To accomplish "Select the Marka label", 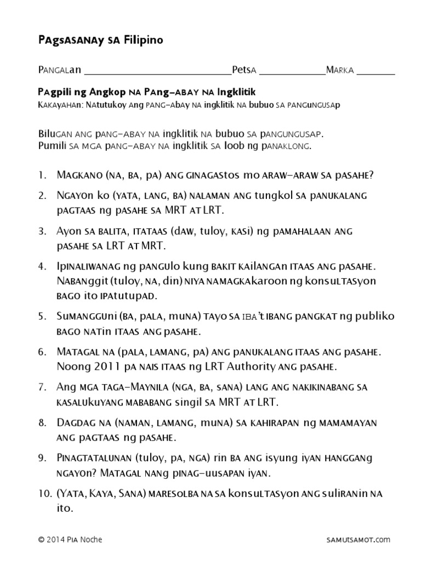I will [340, 70].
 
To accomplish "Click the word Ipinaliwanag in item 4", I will [89, 267].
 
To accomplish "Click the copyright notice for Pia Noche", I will [70, 540].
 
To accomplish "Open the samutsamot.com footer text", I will [358, 540].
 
